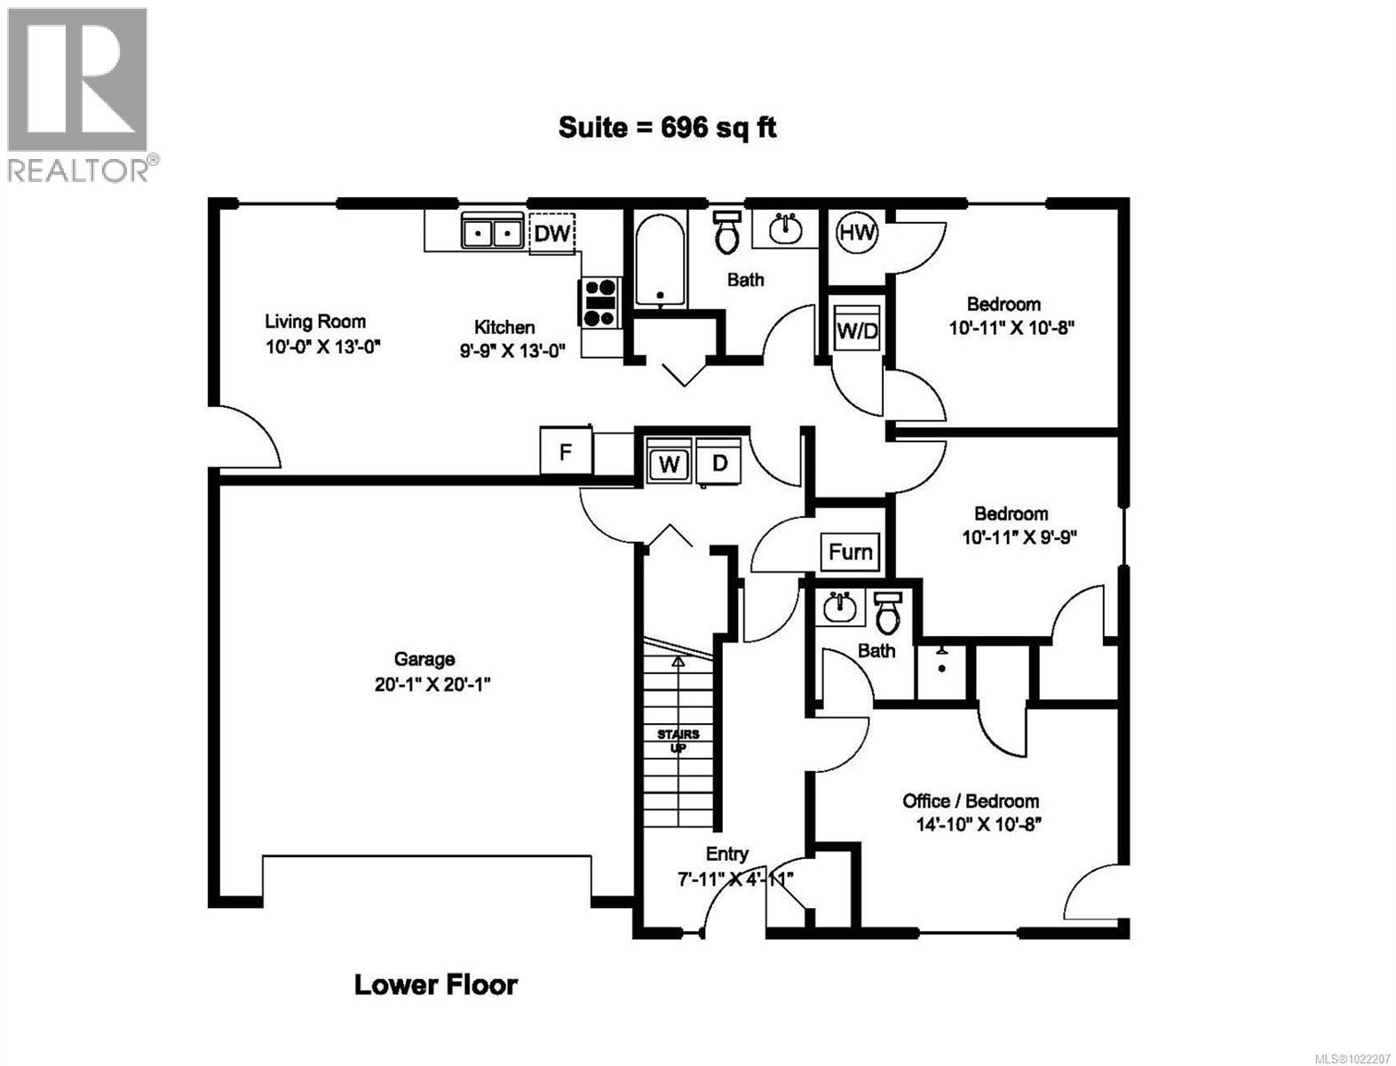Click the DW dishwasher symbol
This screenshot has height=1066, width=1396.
click(551, 234)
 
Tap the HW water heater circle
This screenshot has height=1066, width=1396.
click(857, 234)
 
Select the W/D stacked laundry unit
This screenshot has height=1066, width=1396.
click(858, 330)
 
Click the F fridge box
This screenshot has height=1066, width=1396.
click(565, 451)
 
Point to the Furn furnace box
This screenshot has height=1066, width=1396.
click(850, 552)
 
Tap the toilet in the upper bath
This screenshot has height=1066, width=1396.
click(727, 233)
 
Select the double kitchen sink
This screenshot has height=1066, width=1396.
click(491, 233)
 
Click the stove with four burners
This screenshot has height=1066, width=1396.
click(599, 302)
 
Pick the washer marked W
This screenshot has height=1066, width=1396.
click(670, 463)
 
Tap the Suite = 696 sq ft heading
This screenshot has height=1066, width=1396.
click(667, 128)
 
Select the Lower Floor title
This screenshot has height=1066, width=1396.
click(435, 984)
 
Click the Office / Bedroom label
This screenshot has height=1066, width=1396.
click(971, 800)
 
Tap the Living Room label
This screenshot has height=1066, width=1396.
click(315, 322)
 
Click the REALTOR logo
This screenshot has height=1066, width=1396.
click(78, 93)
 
